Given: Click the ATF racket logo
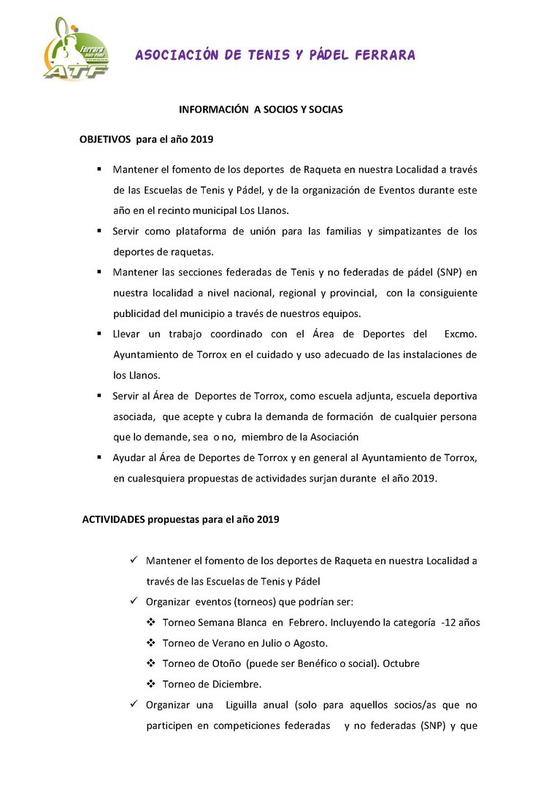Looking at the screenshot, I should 76,50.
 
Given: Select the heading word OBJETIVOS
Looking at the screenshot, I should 105,138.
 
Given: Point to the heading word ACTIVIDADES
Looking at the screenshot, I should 113,519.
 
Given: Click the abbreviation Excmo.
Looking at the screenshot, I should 460,334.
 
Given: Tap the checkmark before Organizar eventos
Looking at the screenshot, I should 134,602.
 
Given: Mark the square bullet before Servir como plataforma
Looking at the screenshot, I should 99,232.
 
